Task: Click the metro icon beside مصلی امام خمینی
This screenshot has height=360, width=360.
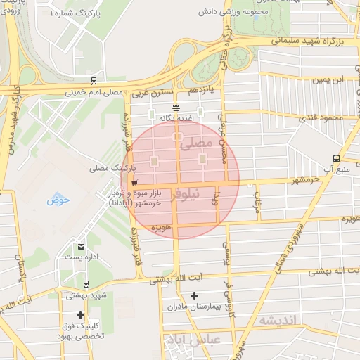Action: point(94,81)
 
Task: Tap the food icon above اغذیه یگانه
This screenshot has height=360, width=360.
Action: point(175,108)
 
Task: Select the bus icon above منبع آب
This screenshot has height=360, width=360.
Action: point(336,158)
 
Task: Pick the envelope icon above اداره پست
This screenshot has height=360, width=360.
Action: point(81,246)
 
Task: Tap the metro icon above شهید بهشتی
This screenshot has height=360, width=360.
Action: point(85,285)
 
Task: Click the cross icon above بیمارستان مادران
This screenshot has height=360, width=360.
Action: point(194,296)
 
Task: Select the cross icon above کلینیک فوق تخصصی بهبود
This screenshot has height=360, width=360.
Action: point(81,315)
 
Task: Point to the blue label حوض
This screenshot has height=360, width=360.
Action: point(59,200)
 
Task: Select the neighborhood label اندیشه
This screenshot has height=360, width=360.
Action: point(278,321)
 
